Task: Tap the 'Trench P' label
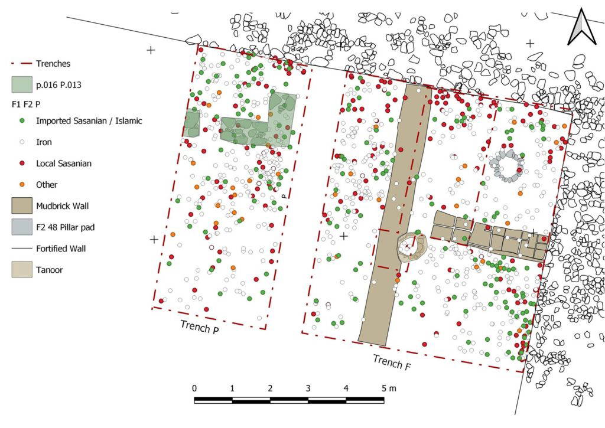pos(200,326)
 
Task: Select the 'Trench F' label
pos(392,362)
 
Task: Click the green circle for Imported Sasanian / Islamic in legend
pos(22,120)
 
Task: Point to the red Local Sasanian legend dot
pos(22,164)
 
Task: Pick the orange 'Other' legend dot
pos(22,185)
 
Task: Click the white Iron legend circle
pos(22,142)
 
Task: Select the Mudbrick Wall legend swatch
pos(22,206)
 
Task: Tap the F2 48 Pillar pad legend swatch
pos(22,227)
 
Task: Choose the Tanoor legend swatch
pos(22,270)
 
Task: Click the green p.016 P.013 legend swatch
pos(22,85)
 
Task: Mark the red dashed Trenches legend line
pos(22,64)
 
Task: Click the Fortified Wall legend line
pos(22,249)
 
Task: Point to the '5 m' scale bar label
pos(389,388)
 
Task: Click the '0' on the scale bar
pos(194,388)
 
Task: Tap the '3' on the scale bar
pos(308,388)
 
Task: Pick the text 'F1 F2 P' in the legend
pos(26,104)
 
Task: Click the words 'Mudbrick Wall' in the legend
pos(62,206)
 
